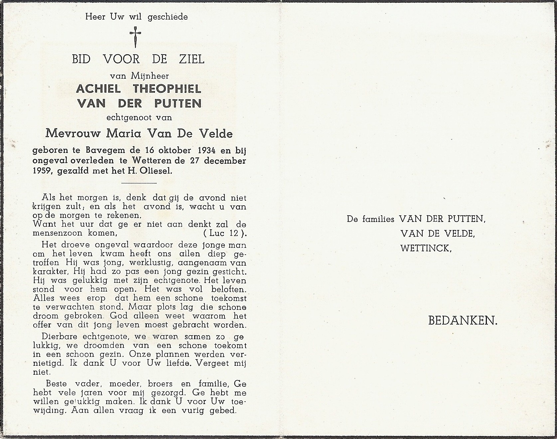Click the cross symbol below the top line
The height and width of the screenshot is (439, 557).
point(135,37)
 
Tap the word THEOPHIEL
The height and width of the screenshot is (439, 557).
point(167,89)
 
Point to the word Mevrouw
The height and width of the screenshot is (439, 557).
point(68,133)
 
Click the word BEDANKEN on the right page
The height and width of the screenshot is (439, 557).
point(463,321)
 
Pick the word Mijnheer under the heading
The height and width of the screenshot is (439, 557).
point(150,76)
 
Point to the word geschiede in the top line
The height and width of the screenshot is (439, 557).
point(168,16)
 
